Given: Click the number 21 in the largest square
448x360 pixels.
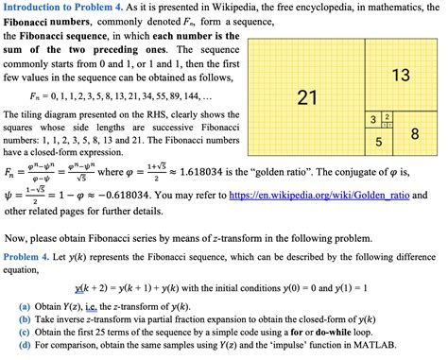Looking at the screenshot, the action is (x=306, y=96).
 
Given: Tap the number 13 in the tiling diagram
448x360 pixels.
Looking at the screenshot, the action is (x=400, y=75).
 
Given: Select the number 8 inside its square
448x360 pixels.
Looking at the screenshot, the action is (x=414, y=134).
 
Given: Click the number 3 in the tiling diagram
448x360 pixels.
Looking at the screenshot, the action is (x=374, y=118).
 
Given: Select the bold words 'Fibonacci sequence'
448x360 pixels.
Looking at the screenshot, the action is (x=73, y=35).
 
